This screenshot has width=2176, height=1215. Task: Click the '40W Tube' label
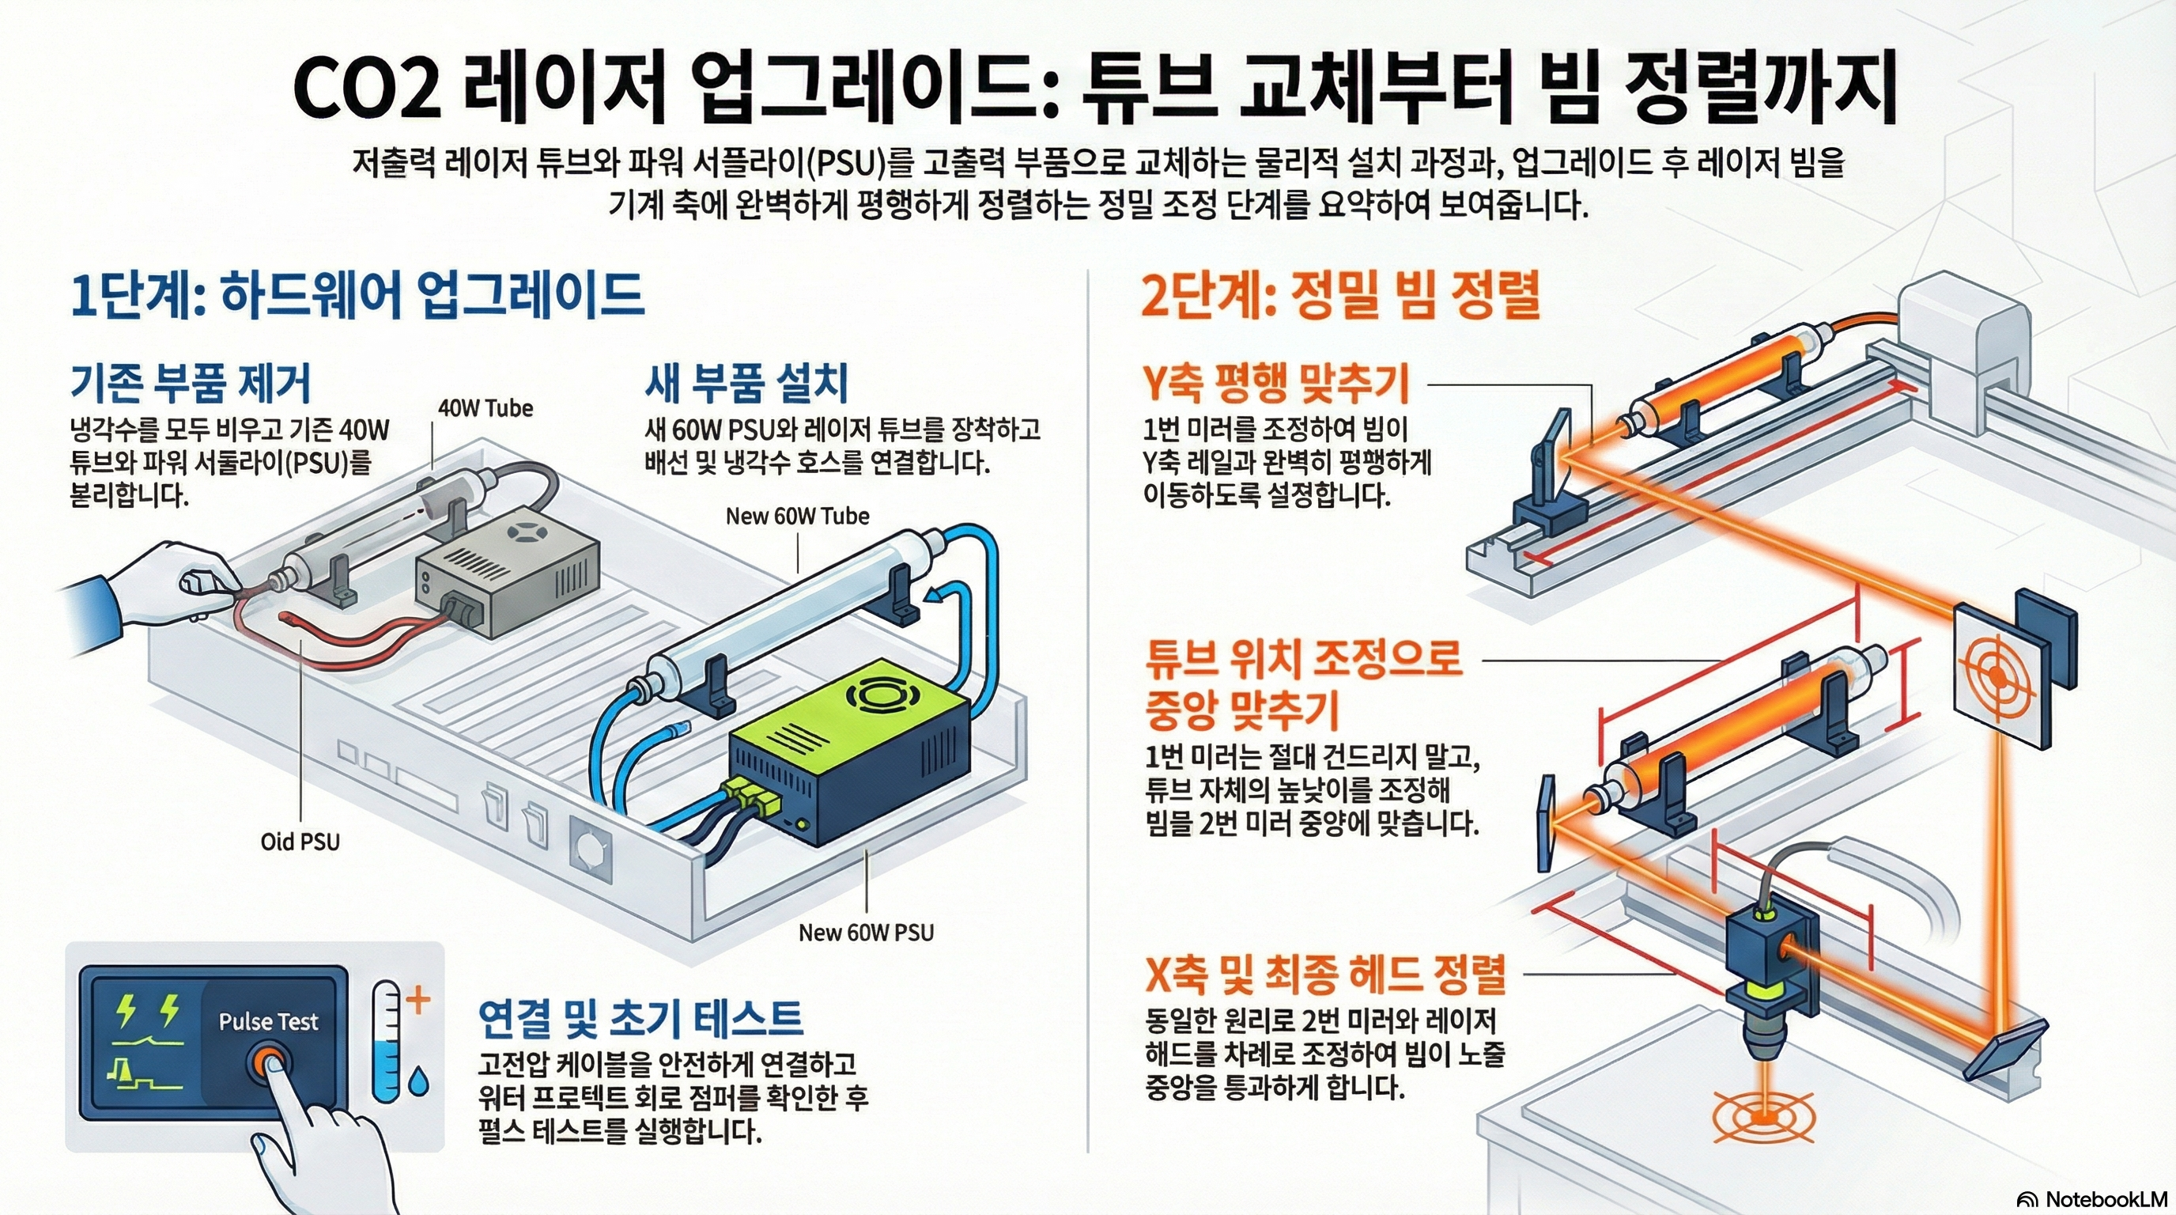485,409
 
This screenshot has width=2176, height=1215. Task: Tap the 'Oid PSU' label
300,842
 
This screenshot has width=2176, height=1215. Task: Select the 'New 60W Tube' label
796,517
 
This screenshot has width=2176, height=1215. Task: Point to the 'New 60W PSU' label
866,933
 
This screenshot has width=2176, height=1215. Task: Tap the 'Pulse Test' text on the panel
268,1021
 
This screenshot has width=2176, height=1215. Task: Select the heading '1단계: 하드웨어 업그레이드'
357,296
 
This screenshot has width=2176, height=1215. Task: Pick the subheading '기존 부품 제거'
190,383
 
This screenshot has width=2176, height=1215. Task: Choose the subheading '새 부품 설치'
746,383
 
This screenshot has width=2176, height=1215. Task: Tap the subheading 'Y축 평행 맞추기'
1275,383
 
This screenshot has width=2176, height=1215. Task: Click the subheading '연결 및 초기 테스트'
640,1018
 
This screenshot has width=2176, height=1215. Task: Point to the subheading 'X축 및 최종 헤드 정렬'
1324,975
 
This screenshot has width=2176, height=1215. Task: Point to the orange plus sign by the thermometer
418,1001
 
